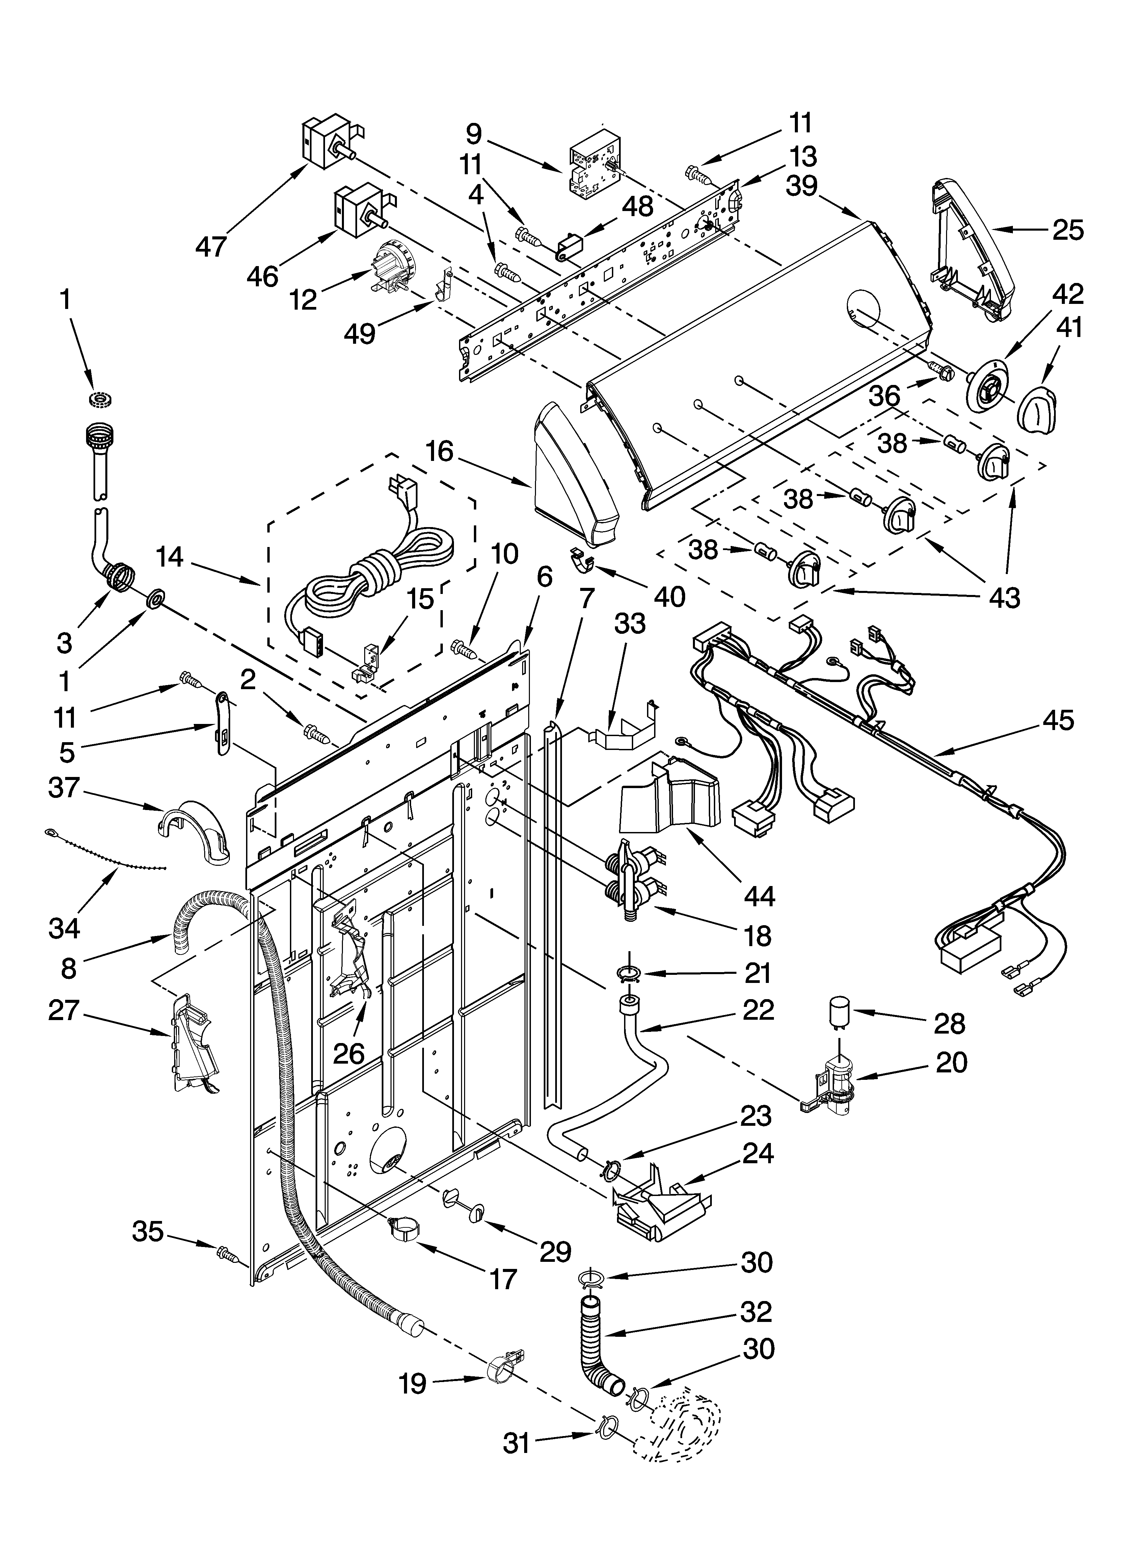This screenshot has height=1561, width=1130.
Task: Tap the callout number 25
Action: click(x=1067, y=230)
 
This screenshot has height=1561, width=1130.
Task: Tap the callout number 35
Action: click(x=147, y=1231)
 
